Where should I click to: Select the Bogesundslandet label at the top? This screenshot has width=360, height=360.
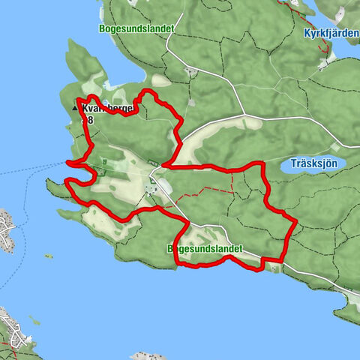click(136, 28)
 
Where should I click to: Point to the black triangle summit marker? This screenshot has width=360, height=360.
click(74, 109)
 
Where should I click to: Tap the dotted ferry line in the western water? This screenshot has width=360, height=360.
click(30, 168)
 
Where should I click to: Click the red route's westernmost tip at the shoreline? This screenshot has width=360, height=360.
click(67, 162)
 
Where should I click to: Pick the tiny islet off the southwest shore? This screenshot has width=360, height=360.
click(49, 256)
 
